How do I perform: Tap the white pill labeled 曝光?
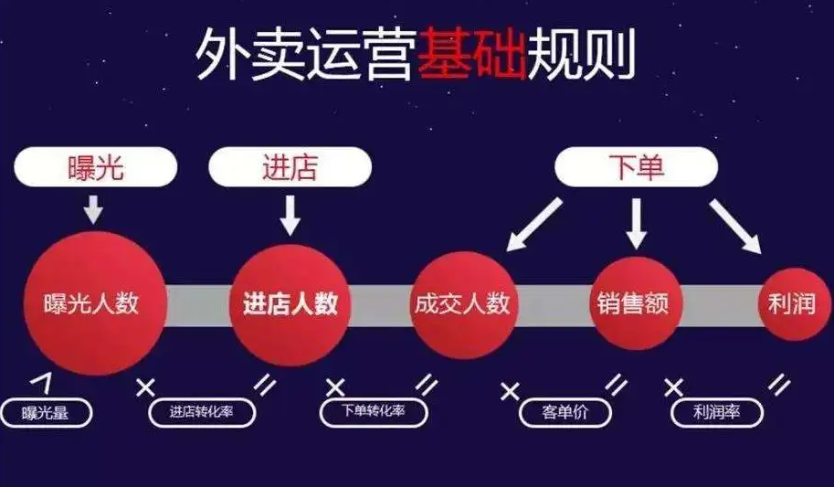tap(96, 167)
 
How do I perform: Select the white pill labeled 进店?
tap(290, 167)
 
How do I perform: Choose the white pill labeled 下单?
tap(636, 167)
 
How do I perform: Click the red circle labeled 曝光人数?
tap(95, 303)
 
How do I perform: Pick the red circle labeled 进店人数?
tap(290, 304)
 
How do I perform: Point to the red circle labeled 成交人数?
tap(463, 304)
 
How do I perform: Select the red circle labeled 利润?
tap(794, 304)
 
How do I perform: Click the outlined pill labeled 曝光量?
tap(46, 412)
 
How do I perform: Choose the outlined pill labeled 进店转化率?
tap(202, 412)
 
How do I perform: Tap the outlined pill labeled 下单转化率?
tap(374, 411)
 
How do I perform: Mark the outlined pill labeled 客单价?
tap(565, 412)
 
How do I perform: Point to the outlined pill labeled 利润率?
tap(717, 412)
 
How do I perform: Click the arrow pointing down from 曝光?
tap(93, 209)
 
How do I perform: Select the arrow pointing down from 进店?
tap(290, 215)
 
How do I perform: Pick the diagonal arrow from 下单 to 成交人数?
tap(533, 224)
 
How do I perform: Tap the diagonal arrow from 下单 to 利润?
tap(735, 227)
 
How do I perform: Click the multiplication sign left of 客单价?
tap(510, 391)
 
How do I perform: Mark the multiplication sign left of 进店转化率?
tap(145, 387)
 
